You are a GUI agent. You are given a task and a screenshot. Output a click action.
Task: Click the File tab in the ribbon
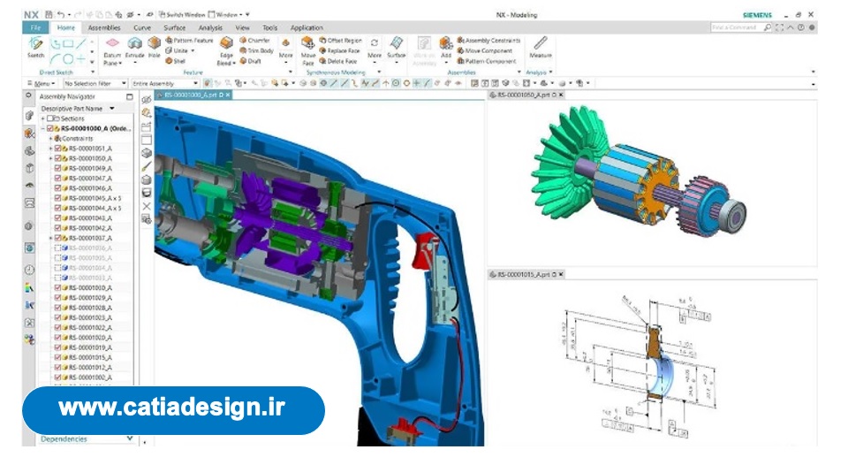(x=36, y=27)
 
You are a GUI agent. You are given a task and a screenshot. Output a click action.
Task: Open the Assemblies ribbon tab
(x=104, y=27)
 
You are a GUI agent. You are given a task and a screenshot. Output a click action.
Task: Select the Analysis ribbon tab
(x=210, y=27)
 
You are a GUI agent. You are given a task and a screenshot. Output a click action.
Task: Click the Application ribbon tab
(x=307, y=27)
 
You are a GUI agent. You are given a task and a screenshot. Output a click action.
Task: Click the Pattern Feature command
(x=189, y=41)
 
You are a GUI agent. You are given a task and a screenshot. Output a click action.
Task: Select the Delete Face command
(x=339, y=61)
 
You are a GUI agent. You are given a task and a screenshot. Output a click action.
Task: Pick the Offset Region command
(x=339, y=41)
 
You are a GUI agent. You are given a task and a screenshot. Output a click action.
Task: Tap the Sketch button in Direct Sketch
(x=35, y=48)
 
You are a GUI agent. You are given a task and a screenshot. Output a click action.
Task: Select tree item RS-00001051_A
(x=89, y=149)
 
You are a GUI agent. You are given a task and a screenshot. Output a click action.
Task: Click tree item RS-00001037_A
(x=89, y=238)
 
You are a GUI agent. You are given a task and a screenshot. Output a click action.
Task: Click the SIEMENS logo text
(x=757, y=15)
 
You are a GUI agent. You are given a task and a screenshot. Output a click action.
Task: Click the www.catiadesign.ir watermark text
(x=173, y=408)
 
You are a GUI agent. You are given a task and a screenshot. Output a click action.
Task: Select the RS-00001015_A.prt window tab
(x=527, y=275)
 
